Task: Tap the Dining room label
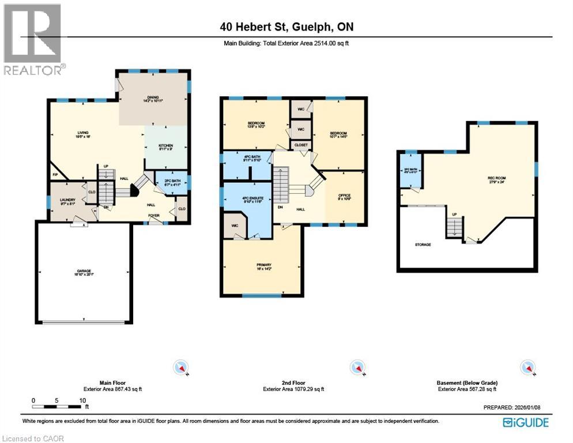[153, 99]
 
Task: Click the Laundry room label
[68, 202]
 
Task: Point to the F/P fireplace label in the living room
[56, 174]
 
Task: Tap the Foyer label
[154, 216]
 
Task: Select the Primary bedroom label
[263, 266]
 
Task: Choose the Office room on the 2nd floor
[345, 197]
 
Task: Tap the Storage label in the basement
[423, 245]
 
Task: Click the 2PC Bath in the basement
[410, 171]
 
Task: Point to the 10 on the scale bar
[82, 400]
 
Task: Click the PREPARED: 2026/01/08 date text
[511, 407]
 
